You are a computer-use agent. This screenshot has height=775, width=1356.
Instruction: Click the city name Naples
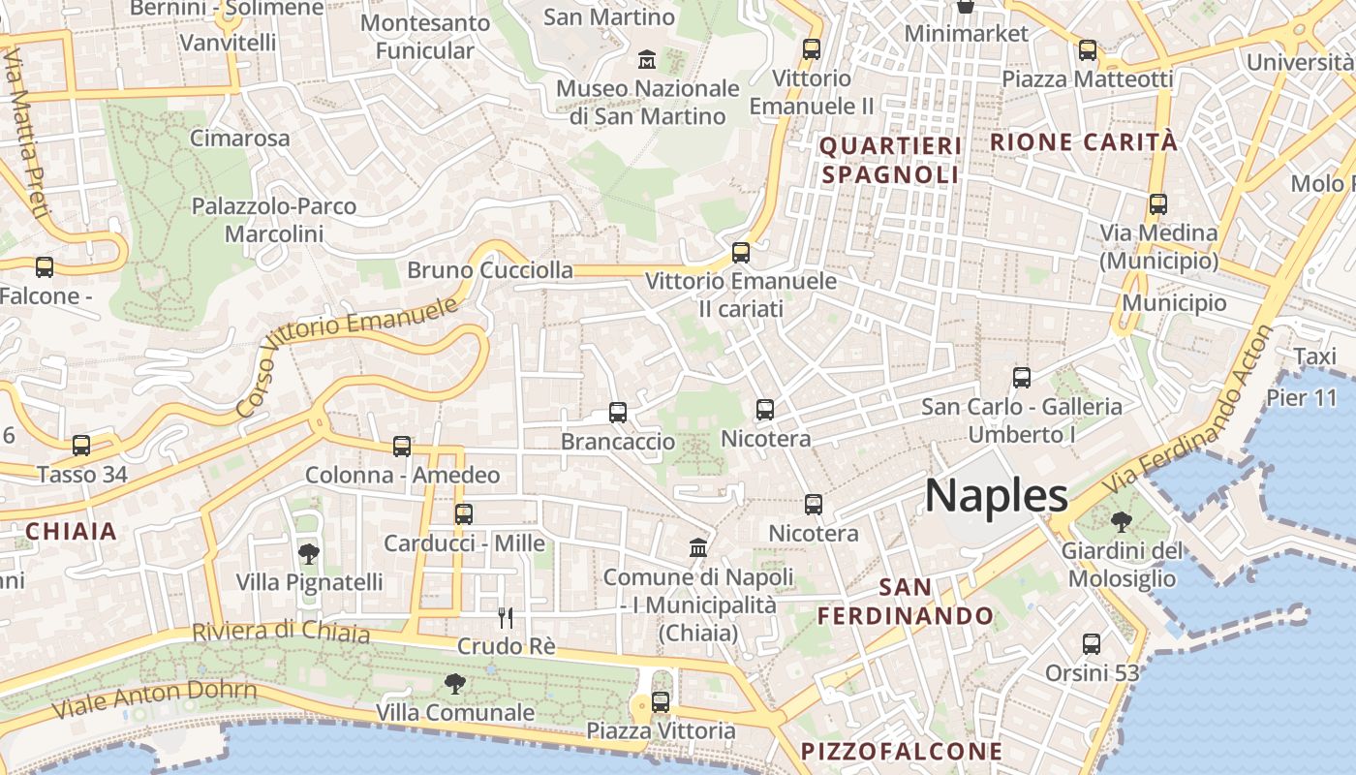[x=997, y=496]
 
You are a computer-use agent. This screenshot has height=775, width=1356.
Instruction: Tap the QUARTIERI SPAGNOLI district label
[x=890, y=160]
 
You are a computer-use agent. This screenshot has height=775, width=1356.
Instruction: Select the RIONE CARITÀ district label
[x=1084, y=142]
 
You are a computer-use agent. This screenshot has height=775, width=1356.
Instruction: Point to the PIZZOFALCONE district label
[x=902, y=751]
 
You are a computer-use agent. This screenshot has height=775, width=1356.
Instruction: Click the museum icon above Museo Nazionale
[x=646, y=60]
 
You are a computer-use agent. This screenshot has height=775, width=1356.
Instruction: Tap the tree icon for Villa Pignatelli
[x=309, y=554]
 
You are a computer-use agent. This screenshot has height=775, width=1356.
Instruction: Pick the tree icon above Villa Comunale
[x=454, y=684]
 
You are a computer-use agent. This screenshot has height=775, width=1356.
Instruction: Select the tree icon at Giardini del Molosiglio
[x=1121, y=522]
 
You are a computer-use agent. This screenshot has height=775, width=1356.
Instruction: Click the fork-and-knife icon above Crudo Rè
[x=505, y=617]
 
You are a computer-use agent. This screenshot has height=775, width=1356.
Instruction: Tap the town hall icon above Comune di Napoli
[x=697, y=548]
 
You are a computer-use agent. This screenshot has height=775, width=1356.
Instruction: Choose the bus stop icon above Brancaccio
[x=618, y=413]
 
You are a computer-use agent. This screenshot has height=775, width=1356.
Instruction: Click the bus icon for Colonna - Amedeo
[x=402, y=447]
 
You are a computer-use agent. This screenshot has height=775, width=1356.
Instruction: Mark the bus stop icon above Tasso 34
[x=81, y=446]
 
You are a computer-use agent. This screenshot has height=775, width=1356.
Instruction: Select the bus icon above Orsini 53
[x=1092, y=643]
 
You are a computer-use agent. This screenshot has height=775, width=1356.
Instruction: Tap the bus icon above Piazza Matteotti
[x=1088, y=50]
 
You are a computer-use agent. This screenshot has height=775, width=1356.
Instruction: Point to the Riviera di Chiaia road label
[x=281, y=632]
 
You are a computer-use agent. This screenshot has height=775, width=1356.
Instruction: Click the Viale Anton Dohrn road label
[x=154, y=698]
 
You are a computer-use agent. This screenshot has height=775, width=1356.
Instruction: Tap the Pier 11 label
[x=1301, y=398]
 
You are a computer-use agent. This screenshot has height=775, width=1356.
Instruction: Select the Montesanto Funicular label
[x=425, y=37]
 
